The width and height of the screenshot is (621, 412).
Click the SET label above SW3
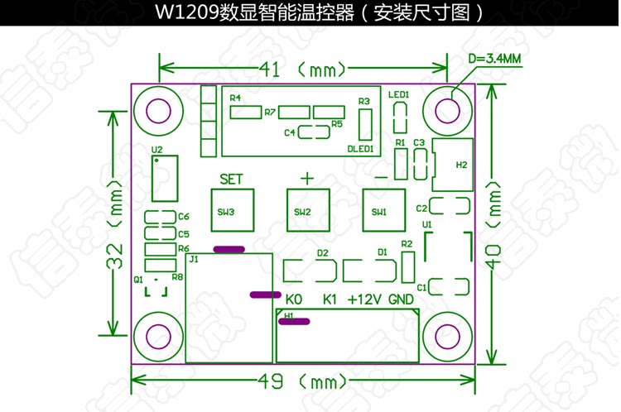(231, 178)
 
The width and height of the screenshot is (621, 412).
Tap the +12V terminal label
(363, 299)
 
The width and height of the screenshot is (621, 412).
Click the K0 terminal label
(294, 299)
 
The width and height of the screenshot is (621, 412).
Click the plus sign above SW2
(306, 177)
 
